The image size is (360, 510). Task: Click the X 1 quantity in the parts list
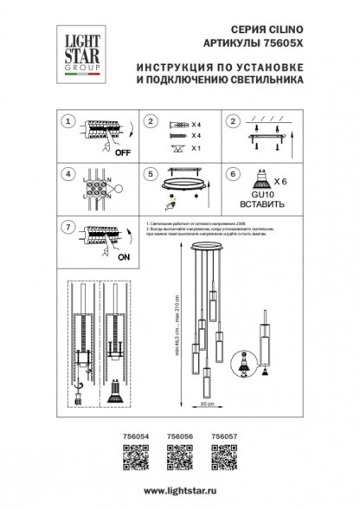point(196,150)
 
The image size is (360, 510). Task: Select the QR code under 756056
point(178,456)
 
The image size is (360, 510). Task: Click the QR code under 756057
point(226,456)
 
